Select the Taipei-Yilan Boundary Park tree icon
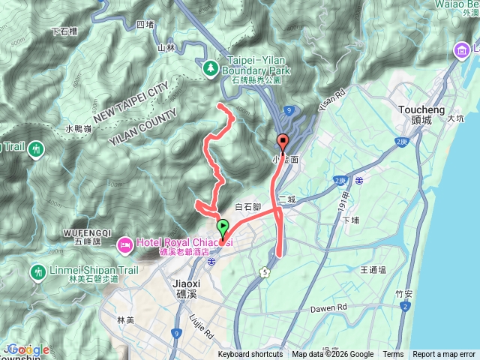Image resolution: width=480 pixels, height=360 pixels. click(211, 69)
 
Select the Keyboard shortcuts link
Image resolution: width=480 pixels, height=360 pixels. click(250, 355)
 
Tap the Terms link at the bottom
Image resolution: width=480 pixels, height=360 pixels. click(393, 355)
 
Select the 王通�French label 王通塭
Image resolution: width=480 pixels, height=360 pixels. click(373, 269)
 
